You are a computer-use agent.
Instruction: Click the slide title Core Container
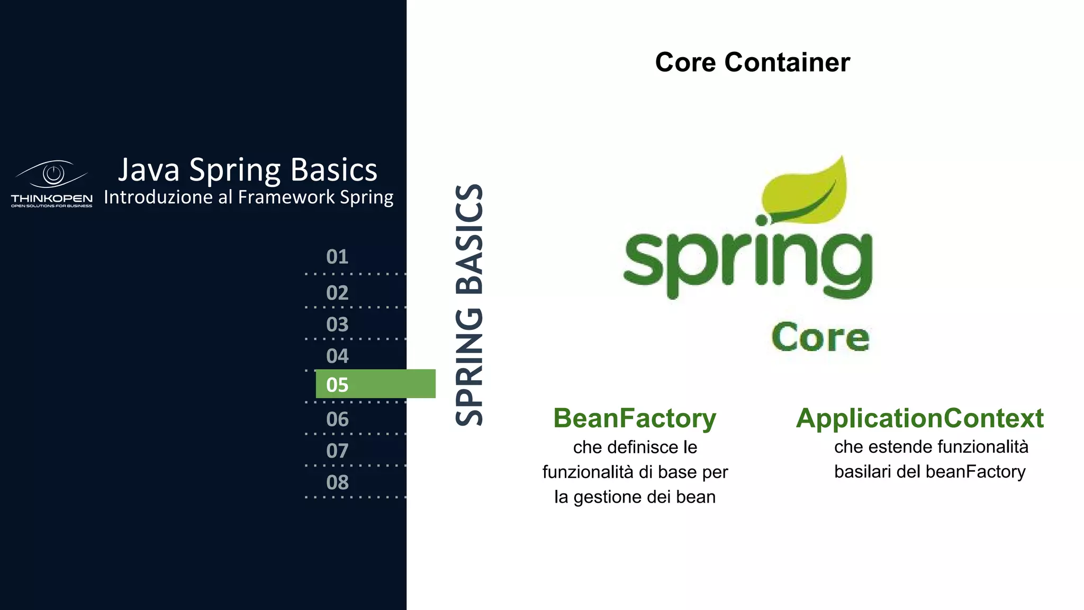(x=752, y=62)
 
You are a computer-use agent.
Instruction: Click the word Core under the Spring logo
(x=820, y=337)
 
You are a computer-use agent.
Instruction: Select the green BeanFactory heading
(x=635, y=418)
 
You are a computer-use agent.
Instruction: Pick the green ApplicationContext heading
(x=920, y=418)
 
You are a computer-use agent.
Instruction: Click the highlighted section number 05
(x=337, y=385)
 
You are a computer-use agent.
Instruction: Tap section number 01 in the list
(x=337, y=257)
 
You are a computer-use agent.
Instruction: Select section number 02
(x=337, y=293)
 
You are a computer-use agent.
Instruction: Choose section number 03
(x=337, y=325)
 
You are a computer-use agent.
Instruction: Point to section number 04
(x=337, y=356)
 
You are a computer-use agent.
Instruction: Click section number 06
(x=337, y=419)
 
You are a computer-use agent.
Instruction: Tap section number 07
(x=337, y=451)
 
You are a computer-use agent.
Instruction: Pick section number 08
(x=337, y=482)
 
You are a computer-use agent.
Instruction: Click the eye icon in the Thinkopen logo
(x=52, y=174)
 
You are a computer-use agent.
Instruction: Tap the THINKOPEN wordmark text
(x=52, y=199)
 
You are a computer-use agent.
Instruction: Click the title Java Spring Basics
(x=247, y=170)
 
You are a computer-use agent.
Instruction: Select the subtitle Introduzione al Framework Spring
(x=248, y=197)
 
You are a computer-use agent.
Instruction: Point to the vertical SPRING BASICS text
(x=469, y=305)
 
